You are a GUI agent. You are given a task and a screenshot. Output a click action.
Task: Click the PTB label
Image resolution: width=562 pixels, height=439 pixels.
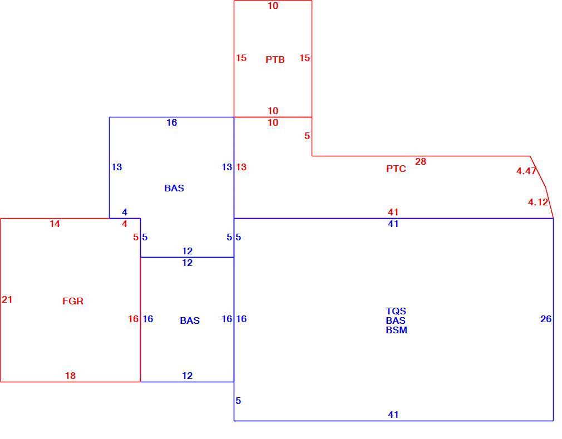[275, 60]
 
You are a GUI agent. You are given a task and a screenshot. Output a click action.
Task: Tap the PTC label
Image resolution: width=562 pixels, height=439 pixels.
[396, 169]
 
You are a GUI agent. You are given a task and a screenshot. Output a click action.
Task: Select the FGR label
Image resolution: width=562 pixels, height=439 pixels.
[73, 301]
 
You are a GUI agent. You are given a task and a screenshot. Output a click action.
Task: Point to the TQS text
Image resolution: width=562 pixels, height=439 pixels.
[396, 310]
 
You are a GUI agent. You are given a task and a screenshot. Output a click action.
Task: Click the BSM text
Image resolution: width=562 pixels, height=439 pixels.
[396, 330]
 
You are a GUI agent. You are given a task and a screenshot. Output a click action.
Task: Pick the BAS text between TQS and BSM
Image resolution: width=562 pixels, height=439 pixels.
[396, 320]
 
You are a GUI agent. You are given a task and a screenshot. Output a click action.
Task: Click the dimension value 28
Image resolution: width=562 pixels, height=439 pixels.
[421, 161]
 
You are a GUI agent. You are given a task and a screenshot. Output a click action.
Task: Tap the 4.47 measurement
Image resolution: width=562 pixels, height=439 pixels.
[526, 171]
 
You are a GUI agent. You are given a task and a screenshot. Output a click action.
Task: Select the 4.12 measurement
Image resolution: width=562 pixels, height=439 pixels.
[538, 203]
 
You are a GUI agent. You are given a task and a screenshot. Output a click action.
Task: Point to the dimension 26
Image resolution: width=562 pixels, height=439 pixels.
[546, 319]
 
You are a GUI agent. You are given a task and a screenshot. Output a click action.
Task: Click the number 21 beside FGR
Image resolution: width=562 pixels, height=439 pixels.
[7, 299]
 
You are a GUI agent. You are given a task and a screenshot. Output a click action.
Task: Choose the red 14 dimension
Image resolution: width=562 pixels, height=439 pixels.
[55, 224]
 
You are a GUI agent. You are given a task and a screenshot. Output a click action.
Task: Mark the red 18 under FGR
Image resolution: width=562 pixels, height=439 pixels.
[70, 376]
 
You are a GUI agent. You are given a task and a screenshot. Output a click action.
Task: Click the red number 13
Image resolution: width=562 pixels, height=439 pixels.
[241, 167]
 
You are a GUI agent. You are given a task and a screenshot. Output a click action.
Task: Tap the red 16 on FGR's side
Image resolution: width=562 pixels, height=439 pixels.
[134, 319]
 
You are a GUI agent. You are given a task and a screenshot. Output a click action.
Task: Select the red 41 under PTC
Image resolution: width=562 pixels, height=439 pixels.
[393, 212]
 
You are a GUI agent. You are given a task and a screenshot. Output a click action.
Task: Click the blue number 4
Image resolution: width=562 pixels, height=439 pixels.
[125, 212]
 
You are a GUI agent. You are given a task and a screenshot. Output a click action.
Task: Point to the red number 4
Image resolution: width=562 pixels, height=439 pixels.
[125, 224]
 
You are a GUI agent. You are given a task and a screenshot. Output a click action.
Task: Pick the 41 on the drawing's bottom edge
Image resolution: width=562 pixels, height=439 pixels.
[393, 415]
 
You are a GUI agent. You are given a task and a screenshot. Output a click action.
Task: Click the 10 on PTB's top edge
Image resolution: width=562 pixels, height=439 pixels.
[273, 6]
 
